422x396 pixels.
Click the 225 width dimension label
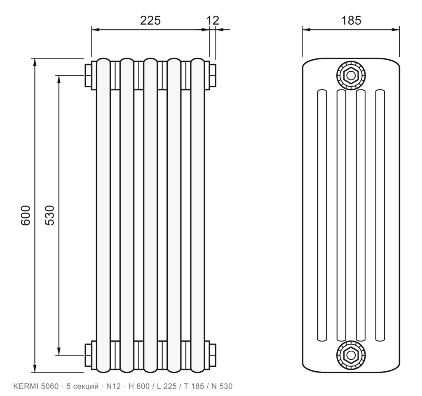click(150, 21)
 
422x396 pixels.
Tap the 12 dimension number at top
click(213, 21)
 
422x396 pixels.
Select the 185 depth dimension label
click(351, 21)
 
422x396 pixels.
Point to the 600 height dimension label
click(26, 215)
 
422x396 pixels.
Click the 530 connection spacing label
click(50, 215)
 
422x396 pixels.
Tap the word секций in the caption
click(86, 386)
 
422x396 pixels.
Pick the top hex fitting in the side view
click(351, 75)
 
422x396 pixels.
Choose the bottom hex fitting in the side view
click(351, 355)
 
